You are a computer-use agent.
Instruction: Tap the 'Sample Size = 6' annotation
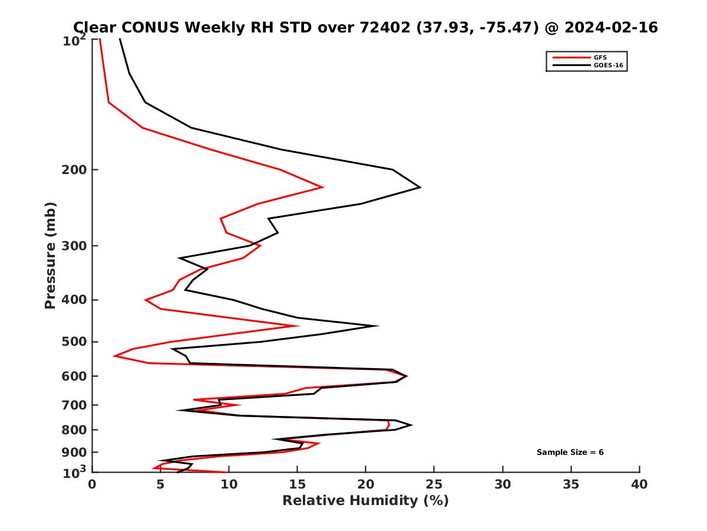pyautogui.click(x=570, y=453)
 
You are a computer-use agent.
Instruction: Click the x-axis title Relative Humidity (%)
pyautogui.click(x=365, y=501)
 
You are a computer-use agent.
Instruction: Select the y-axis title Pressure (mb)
pyautogui.click(x=50, y=255)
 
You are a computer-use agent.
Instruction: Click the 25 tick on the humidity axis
pyautogui.click(x=434, y=484)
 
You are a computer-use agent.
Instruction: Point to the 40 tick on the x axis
pyautogui.click(x=639, y=484)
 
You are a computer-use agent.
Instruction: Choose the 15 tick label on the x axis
pyautogui.click(x=297, y=484)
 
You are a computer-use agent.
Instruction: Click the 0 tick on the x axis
pyautogui.click(x=92, y=484)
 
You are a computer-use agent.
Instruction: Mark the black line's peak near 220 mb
pyautogui.click(x=420, y=188)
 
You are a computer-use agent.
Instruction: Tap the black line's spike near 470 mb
pyautogui.click(x=378, y=326)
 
